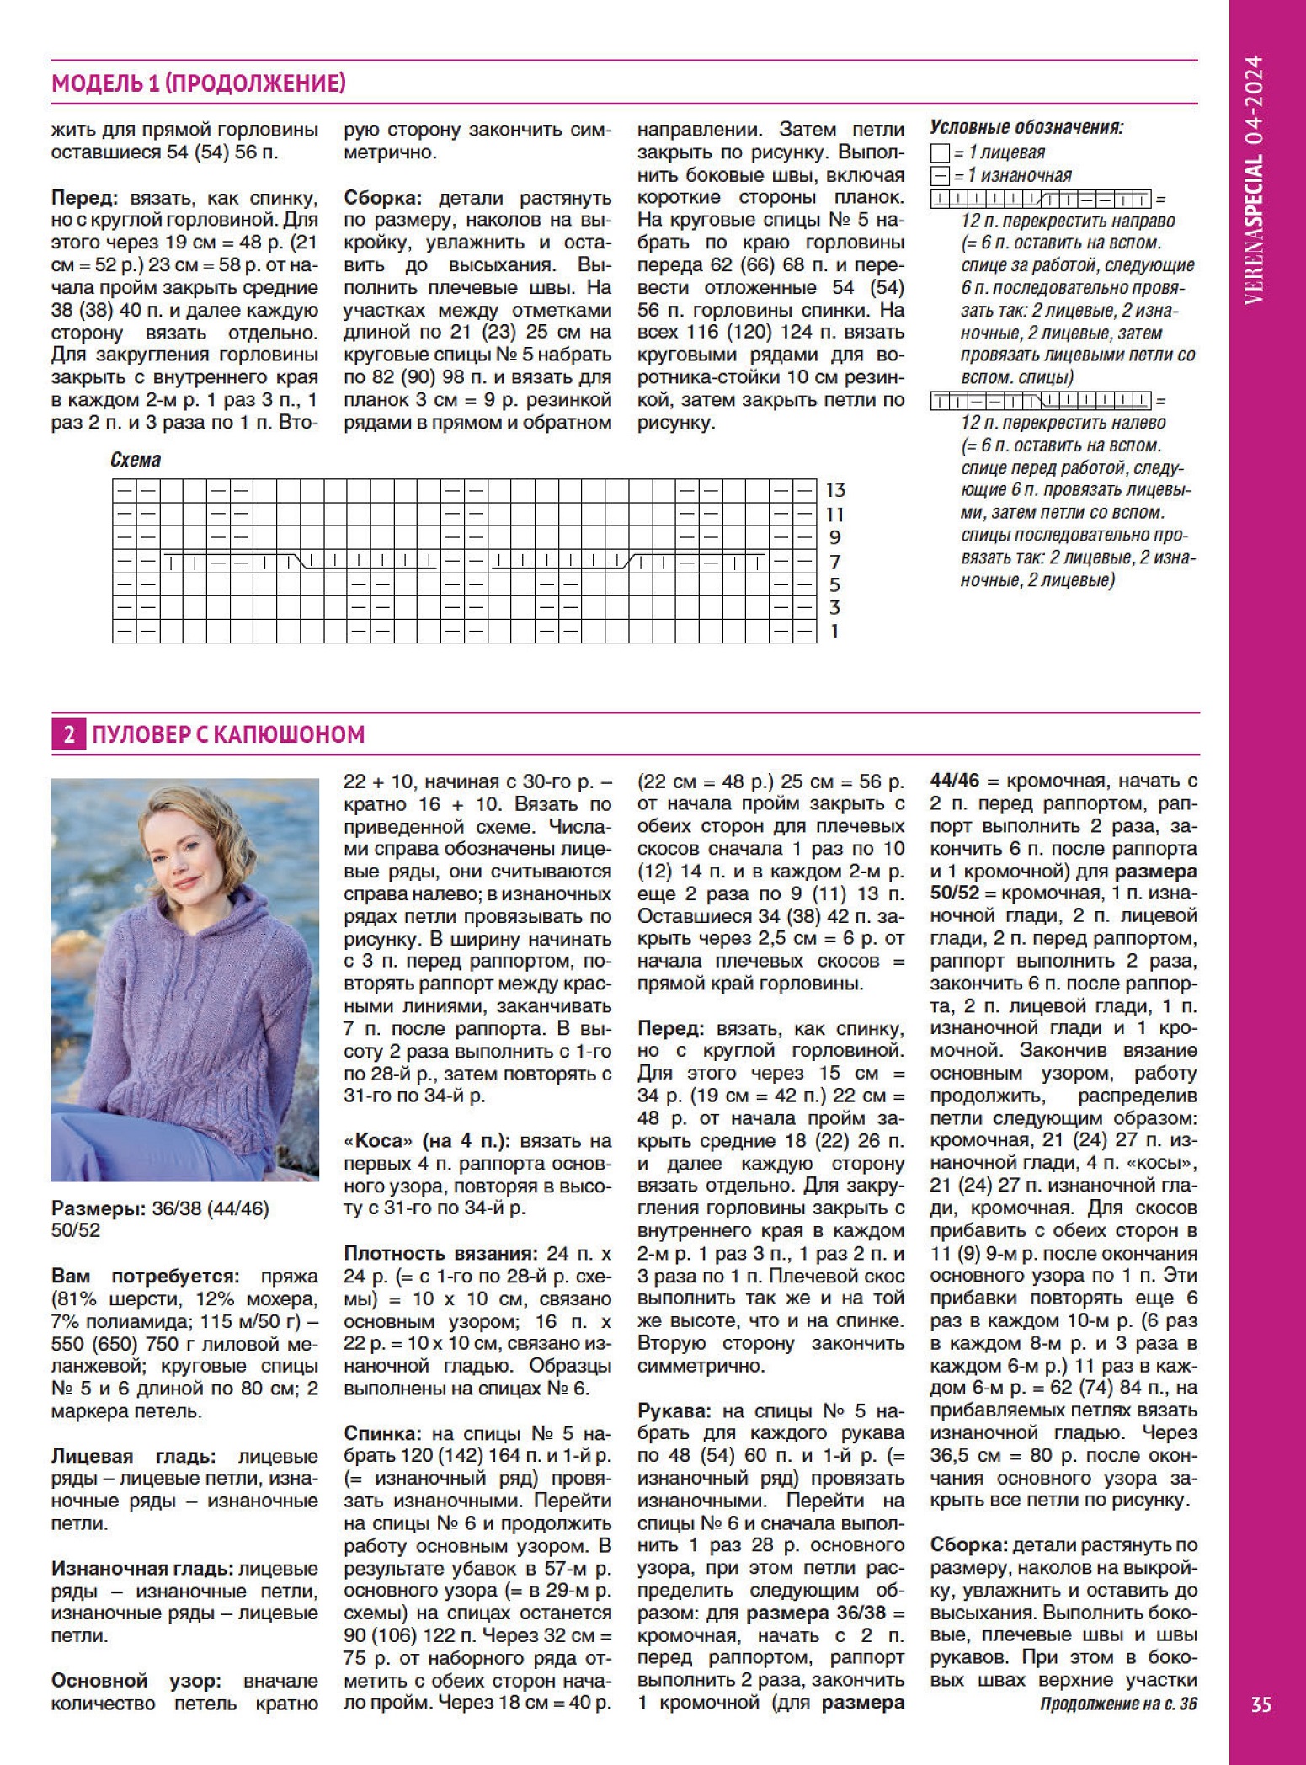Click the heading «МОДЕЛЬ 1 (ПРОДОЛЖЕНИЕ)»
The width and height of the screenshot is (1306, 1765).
(x=199, y=83)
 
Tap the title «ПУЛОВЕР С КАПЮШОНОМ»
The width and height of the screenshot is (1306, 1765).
(x=228, y=734)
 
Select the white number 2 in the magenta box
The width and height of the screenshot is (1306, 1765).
(x=68, y=735)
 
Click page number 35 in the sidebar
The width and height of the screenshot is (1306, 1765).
(x=1261, y=1704)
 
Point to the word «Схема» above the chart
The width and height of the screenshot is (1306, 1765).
(x=136, y=460)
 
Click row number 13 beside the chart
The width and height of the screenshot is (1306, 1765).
(x=835, y=490)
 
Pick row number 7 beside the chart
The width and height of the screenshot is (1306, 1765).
(x=834, y=562)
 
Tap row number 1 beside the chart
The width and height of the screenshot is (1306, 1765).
(x=834, y=632)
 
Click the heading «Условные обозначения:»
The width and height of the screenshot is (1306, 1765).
(x=1026, y=128)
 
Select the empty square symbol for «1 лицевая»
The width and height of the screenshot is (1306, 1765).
(x=941, y=153)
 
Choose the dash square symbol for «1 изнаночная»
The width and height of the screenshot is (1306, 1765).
(x=941, y=176)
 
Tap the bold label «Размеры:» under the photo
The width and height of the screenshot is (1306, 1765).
(x=99, y=1208)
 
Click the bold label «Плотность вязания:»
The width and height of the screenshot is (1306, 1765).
(x=440, y=1253)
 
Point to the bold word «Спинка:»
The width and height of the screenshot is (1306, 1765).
(x=382, y=1433)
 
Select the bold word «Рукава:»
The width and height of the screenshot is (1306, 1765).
(x=675, y=1410)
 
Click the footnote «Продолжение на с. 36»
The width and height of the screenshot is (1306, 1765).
(x=1117, y=1704)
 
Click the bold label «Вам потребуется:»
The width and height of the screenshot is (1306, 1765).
(x=146, y=1277)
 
